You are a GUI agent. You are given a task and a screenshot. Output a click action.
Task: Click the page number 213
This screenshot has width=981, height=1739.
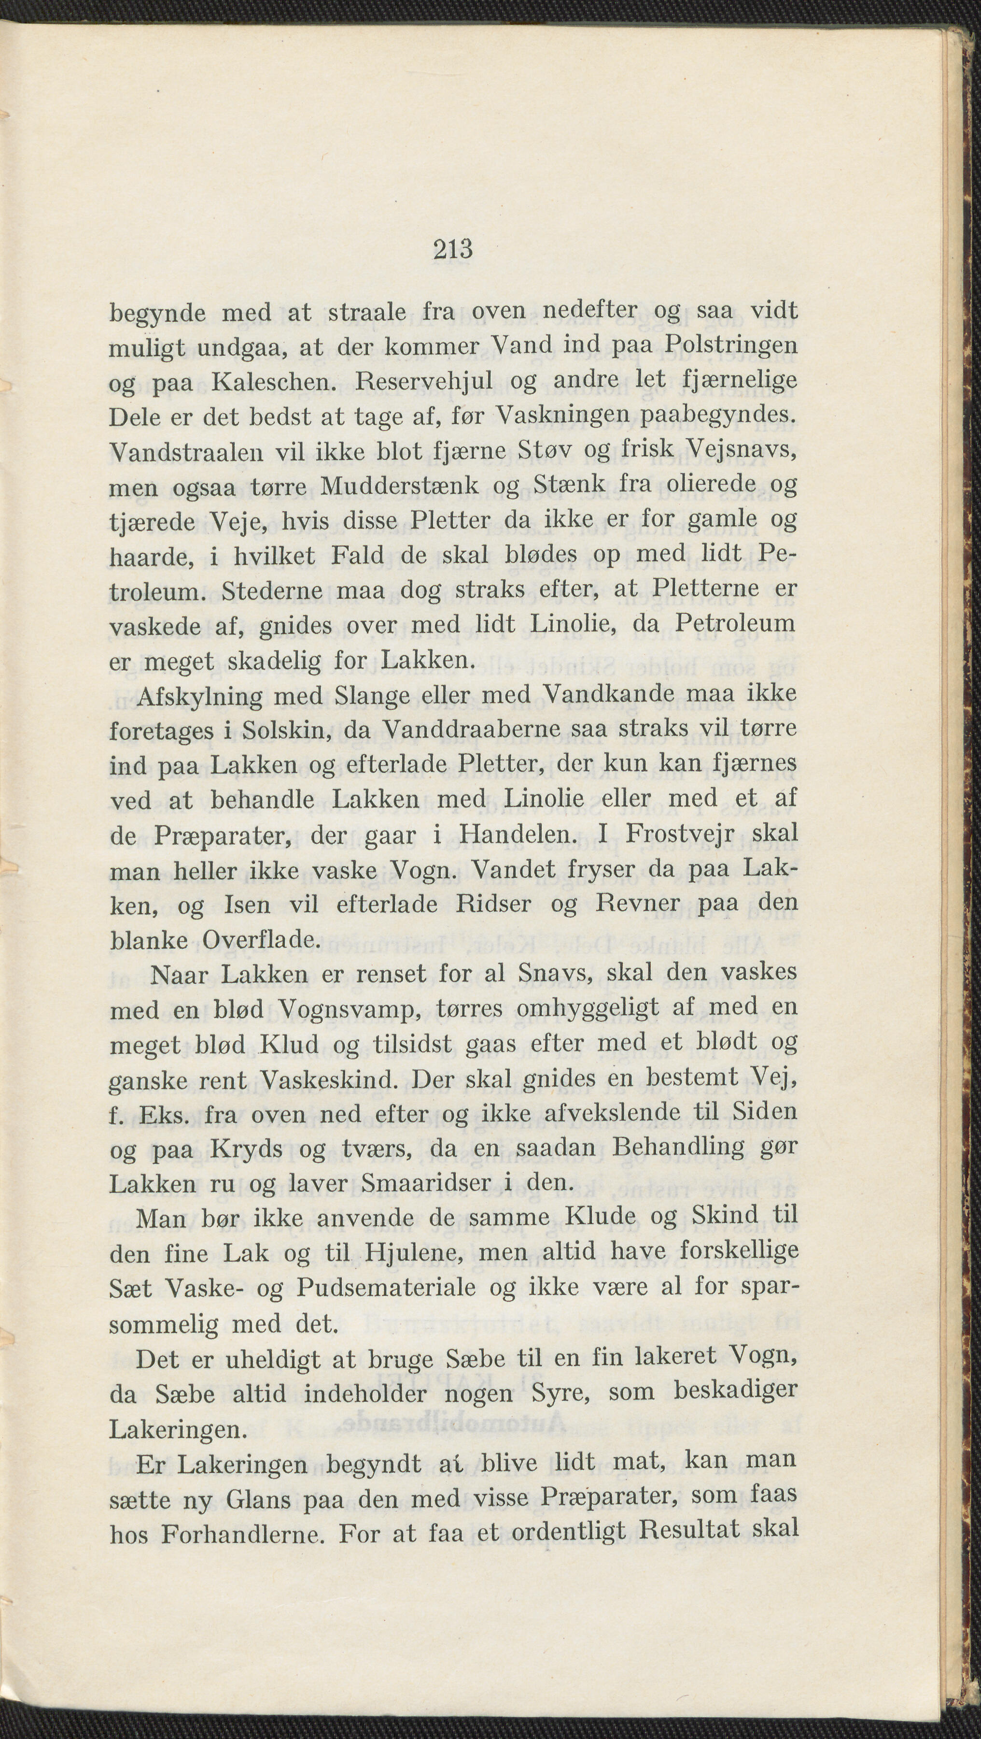(x=453, y=250)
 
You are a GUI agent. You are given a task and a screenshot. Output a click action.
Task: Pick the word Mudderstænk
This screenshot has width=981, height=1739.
(x=399, y=486)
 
